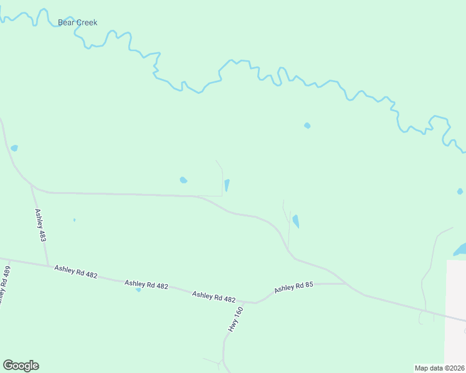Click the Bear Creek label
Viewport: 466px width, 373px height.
[77, 22]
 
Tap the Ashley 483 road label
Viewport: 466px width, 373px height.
[40, 225]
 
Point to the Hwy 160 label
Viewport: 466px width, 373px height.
[235, 318]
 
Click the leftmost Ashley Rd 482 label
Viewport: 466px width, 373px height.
[75, 271]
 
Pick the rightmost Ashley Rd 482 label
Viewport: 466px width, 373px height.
[214, 297]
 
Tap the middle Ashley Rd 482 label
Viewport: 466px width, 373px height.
[146, 284]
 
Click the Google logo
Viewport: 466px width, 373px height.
[21, 366]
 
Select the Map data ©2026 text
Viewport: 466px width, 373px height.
[439, 368]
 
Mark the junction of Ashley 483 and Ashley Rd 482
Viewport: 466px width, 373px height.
[49, 266]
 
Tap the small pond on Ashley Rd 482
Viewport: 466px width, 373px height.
[138, 289]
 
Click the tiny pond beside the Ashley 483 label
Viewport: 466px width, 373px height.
[74, 219]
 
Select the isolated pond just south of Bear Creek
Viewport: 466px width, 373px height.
[307, 126]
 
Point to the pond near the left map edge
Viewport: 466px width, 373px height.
[14, 148]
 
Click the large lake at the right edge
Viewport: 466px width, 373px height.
[461, 250]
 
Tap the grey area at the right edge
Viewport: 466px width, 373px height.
[456, 292]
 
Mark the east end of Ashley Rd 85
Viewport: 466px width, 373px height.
[346, 283]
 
